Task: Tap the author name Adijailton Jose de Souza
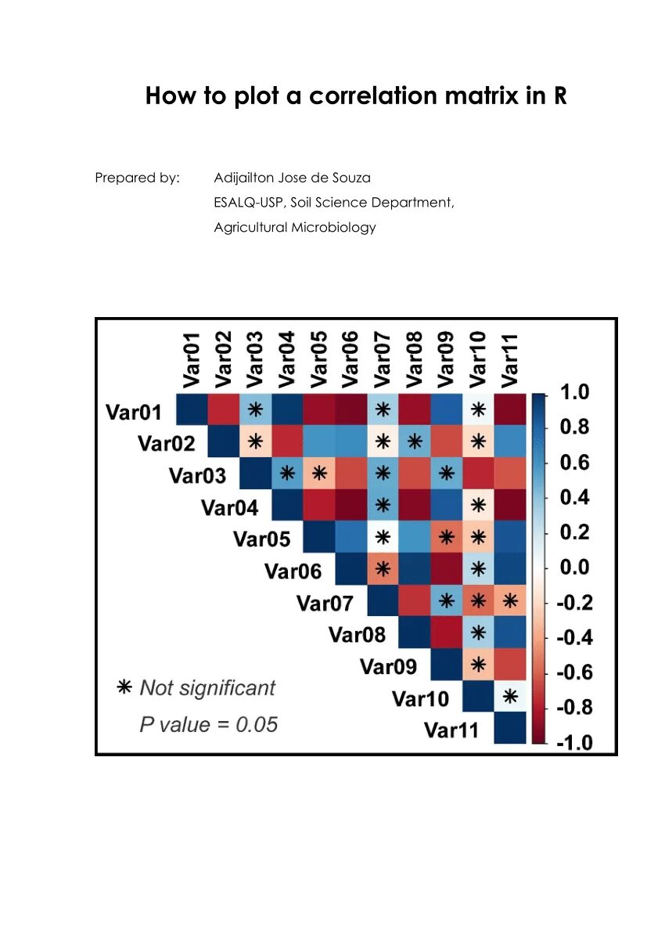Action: click(x=292, y=178)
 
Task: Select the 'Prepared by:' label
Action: click(x=137, y=178)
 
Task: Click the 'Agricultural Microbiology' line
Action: click(x=294, y=228)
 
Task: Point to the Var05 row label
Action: click(x=261, y=539)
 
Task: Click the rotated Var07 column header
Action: click(x=382, y=358)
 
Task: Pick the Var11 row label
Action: click(x=451, y=730)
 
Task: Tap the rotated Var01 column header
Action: click(x=192, y=358)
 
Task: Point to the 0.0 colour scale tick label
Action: click(x=574, y=568)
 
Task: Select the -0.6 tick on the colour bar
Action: click(x=573, y=672)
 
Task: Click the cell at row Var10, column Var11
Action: click(x=510, y=695)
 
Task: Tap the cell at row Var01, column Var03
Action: click(x=255, y=410)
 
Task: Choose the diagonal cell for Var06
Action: click(x=350, y=569)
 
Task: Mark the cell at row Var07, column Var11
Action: click(x=510, y=601)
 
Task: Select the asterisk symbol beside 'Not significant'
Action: click(x=124, y=688)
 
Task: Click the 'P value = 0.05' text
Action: click(x=208, y=725)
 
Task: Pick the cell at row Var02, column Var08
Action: click(x=415, y=442)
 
